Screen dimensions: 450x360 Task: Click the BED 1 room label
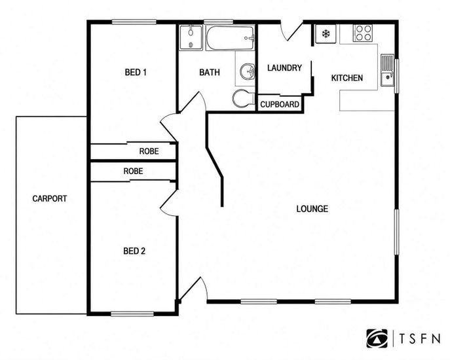click(x=136, y=72)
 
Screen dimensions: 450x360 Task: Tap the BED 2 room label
click(x=134, y=251)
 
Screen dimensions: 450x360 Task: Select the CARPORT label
click(x=49, y=198)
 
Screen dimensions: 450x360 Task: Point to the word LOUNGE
click(x=312, y=209)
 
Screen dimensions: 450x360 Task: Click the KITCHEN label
click(x=347, y=78)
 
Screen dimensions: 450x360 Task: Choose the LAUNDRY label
click(x=284, y=68)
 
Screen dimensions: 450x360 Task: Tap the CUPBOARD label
click(x=280, y=105)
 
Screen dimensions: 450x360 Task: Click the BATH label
click(x=210, y=72)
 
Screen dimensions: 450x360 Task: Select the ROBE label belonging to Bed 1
click(x=149, y=151)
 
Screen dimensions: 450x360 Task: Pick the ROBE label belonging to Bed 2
click(x=133, y=171)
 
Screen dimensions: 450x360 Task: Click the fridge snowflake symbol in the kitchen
click(x=326, y=34)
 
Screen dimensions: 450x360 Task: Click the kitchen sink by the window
click(x=387, y=70)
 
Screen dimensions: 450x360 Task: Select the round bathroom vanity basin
click(x=248, y=71)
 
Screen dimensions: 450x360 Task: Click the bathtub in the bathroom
click(x=230, y=38)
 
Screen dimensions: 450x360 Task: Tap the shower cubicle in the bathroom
click(x=191, y=37)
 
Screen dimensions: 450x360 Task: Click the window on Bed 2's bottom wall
click(x=132, y=314)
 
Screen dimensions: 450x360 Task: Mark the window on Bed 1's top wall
click(x=134, y=22)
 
